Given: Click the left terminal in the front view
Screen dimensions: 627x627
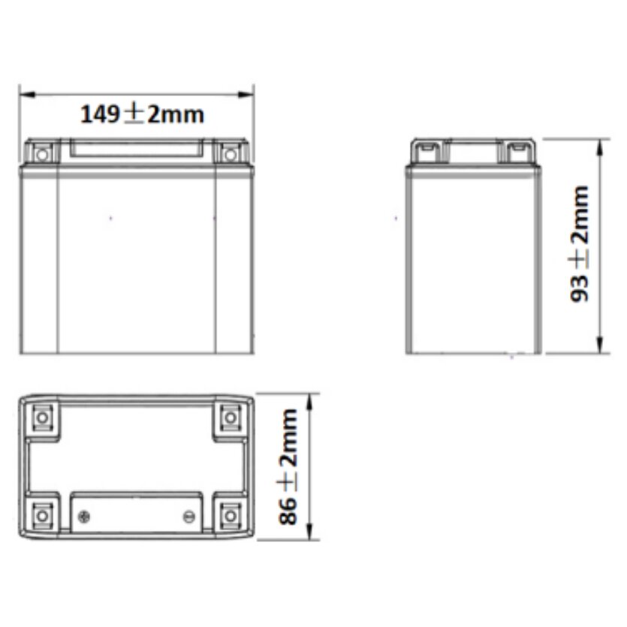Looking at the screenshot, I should (42, 155).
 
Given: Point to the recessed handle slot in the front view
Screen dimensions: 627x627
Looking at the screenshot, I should (137, 149).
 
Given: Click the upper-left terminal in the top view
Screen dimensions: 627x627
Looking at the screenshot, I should (42, 416).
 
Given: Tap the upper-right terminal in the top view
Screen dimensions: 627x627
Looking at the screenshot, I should (231, 416).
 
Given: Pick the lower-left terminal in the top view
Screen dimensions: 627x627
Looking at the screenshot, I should (42, 515).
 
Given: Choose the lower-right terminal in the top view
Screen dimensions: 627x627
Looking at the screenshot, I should (231, 515).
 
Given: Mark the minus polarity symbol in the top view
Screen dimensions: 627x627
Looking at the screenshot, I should (189, 516).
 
